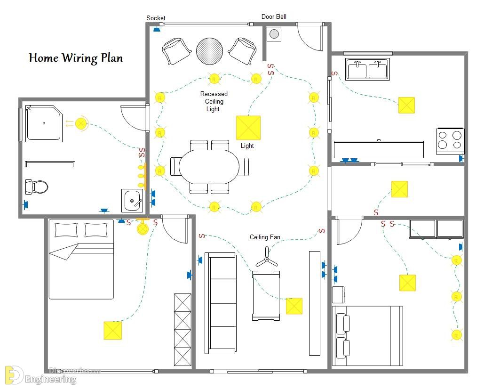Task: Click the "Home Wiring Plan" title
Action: coord(76,58)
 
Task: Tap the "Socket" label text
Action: coord(156,18)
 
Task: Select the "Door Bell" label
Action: coord(274,16)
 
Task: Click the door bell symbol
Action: coord(274,34)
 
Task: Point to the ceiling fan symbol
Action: coord(267,258)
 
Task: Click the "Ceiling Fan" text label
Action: coord(265,237)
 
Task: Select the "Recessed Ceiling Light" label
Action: coord(214,101)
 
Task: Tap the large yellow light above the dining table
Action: coord(248,128)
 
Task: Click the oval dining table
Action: coord(209,167)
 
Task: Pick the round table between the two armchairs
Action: coord(210,51)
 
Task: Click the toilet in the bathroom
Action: coord(36,187)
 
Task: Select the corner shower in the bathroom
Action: coord(44,123)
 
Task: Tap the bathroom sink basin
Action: coord(132,201)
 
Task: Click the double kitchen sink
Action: coord(367,69)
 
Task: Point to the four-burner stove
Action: coord(450,141)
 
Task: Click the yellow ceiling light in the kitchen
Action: coord(406,105)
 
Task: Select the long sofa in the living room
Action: coord(221,303)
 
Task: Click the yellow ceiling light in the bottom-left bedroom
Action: coord(113,330)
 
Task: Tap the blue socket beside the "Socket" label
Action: coord(157,29)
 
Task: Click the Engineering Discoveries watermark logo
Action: coord(14,375)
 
